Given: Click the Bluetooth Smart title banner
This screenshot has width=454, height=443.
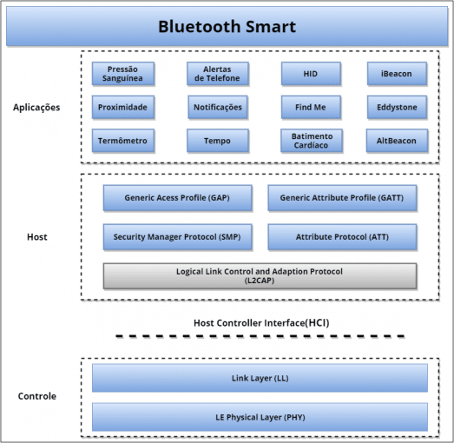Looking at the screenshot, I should [x=227, y=26].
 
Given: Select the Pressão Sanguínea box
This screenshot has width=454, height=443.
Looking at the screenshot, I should [x=123, y=74].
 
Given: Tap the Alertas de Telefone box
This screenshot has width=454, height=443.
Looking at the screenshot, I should [x=217, y=74].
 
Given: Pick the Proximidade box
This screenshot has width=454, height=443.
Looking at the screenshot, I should [x=123, y=108].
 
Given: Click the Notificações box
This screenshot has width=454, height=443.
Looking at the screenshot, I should [x=217, y=108].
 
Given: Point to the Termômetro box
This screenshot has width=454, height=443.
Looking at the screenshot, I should [x=123, y=141].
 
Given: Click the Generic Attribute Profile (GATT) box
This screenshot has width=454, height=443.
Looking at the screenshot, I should [x=341, y=198].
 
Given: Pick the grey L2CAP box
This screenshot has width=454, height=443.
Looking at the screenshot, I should [x=260, y=275].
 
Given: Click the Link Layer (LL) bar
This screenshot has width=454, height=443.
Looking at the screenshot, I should [x=260, y=378].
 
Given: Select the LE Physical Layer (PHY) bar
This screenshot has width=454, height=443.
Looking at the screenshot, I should [x=260, y=417].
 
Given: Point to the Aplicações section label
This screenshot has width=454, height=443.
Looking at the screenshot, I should [x=36, y=108].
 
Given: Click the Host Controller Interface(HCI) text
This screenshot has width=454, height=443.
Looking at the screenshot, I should [x=260, y=322].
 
